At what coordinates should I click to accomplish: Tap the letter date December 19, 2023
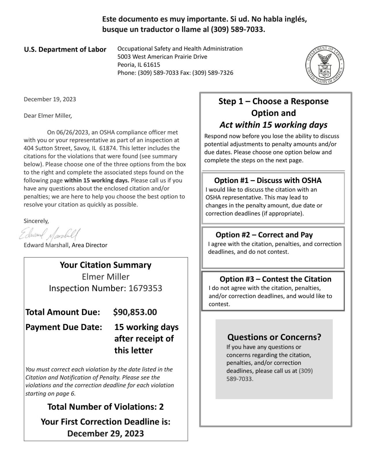coord(50,99)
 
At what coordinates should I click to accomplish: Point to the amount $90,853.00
coord(135,312)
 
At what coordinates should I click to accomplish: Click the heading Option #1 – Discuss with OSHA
coord(268,180)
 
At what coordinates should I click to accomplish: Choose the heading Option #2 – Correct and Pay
coord(264,235)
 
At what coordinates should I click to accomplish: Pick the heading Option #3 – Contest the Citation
coord(275,279)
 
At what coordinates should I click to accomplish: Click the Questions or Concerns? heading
coord(274,337)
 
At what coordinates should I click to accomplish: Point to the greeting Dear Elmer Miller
coord(48,116)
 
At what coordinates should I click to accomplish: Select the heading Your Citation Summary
coord(106,265)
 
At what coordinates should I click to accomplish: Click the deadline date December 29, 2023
coord(106,433)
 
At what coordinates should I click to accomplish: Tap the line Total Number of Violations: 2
coord(106,407)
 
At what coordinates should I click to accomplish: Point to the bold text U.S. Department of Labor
coord(65,50)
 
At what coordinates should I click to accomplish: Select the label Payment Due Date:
coord(64,327)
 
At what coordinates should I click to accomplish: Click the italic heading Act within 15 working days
coord(273,125)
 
